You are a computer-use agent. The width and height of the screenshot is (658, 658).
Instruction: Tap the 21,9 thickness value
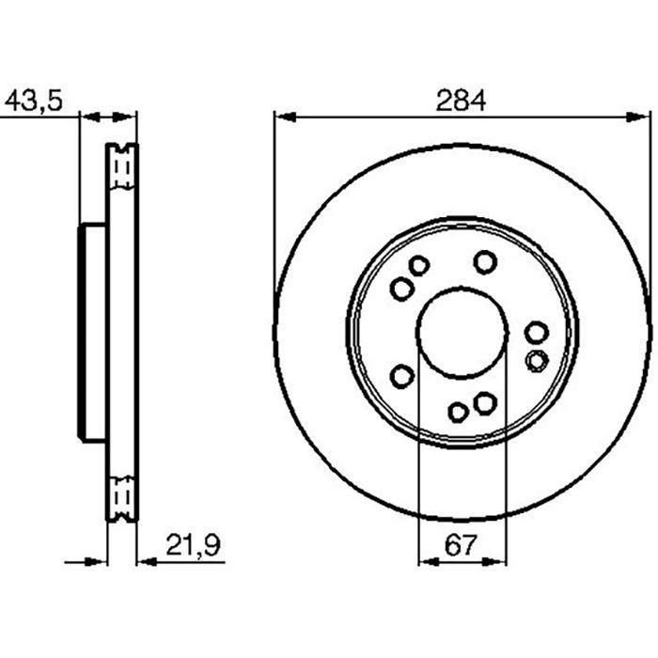click(184, 544)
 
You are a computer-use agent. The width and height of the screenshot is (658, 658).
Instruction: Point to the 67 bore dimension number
click(461, 544)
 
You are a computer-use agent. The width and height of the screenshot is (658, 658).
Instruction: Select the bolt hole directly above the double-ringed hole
click(536, 332)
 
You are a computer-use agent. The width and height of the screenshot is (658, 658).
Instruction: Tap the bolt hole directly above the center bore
click(485, 260)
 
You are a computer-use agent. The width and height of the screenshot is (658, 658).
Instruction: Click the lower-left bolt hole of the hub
click(401, 377)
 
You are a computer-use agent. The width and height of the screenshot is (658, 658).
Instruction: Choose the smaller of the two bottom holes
click(458, 412)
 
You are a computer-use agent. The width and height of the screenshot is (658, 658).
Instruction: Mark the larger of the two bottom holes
click(484, 403)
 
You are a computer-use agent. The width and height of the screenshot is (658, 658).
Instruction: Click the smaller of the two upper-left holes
click(419, 266)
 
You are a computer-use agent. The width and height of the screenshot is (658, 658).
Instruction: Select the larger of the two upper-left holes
click(401, 289)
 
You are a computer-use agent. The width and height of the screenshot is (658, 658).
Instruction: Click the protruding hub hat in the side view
click(92, 335)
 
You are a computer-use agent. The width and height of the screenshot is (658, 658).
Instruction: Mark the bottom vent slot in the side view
click(121, 495)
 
